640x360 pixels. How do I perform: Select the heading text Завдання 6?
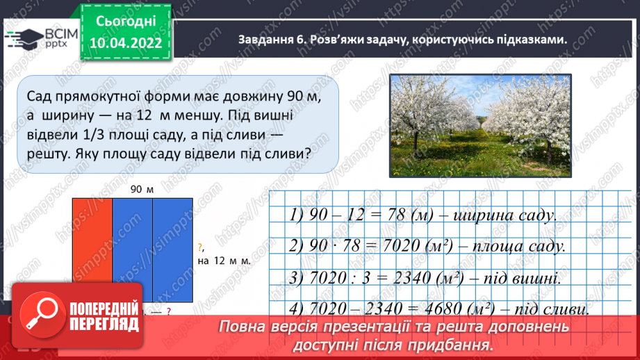271,40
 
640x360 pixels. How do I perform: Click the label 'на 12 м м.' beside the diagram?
223,261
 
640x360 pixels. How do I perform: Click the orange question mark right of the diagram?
199,247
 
